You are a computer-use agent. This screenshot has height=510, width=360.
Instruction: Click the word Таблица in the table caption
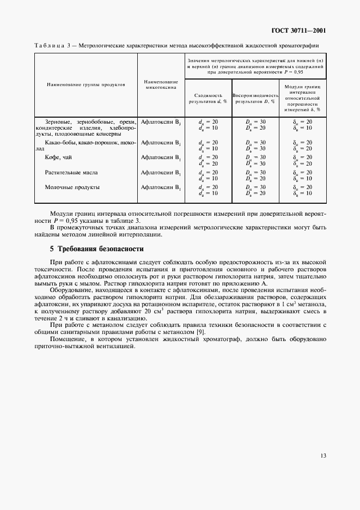(50, 46)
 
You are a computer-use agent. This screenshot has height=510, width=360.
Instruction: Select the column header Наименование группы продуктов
(86, 84)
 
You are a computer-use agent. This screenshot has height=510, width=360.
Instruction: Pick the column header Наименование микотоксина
(161, 84)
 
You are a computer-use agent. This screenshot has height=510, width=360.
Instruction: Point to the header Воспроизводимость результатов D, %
(255, 98)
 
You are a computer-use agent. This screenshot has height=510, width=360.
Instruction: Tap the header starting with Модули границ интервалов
(303, 98)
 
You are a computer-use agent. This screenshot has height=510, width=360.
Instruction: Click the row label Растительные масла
(71, 172)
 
